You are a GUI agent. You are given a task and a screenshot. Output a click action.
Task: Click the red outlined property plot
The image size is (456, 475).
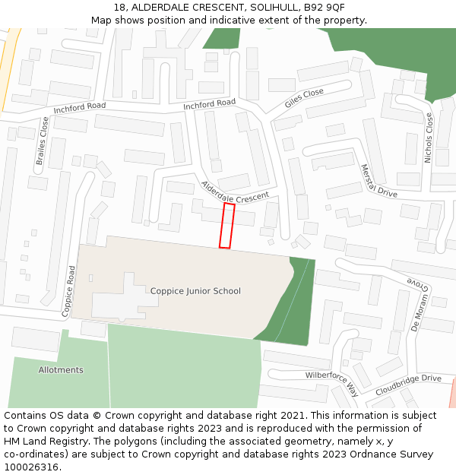point(226,225)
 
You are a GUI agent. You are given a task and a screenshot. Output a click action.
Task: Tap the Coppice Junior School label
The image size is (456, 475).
point(195,291)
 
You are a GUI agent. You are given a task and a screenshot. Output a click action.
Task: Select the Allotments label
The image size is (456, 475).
point(61,370)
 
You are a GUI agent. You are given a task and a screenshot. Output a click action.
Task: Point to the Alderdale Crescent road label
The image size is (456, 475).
point(235,192)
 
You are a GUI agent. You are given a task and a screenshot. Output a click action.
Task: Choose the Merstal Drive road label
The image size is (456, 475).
point(378,181)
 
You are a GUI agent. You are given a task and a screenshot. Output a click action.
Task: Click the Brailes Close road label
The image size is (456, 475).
point(42,141)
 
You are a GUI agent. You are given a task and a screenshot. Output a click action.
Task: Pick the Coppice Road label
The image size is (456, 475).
point(68,290)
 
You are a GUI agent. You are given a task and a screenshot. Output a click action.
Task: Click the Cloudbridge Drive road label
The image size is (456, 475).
point(408,385)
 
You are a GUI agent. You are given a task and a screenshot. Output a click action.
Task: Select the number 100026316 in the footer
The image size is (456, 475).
point(31,467)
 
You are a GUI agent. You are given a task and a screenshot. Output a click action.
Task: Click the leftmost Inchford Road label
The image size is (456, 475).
point(79,109)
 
